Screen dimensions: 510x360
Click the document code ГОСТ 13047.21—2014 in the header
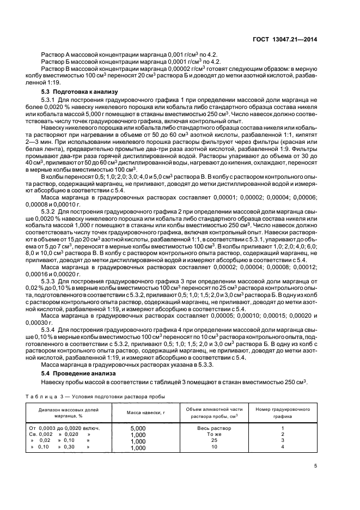click(286, 39)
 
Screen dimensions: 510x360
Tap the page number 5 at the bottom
click(316, 465)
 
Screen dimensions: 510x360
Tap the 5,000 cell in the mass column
click(138, 428)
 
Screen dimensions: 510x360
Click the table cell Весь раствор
click(213, 428)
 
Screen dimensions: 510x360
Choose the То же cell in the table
click(213, 434)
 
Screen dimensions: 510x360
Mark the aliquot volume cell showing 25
click(213, 440)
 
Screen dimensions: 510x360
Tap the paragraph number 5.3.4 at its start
click(49, 330)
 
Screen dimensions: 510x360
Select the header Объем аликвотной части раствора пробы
click(213, 412)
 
